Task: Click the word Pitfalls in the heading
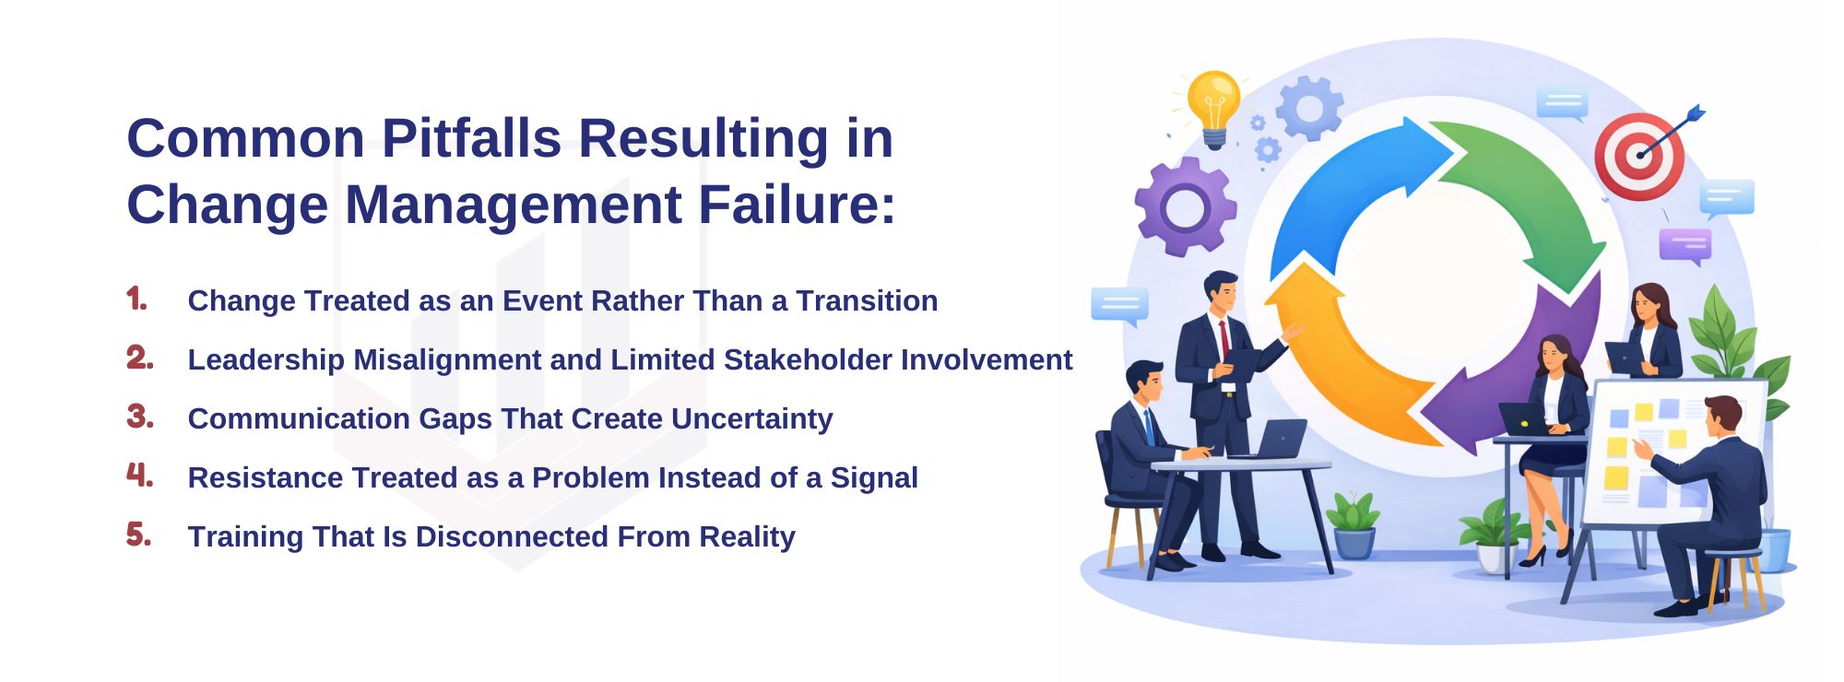[471, 139]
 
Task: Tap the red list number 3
[139, 417]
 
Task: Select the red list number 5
[138, 535]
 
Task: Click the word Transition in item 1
[867, 301]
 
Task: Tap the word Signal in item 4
[873, 478]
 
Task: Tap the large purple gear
[1185, 206]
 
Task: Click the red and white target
[1639, 155]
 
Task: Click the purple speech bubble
[1684, 245]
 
